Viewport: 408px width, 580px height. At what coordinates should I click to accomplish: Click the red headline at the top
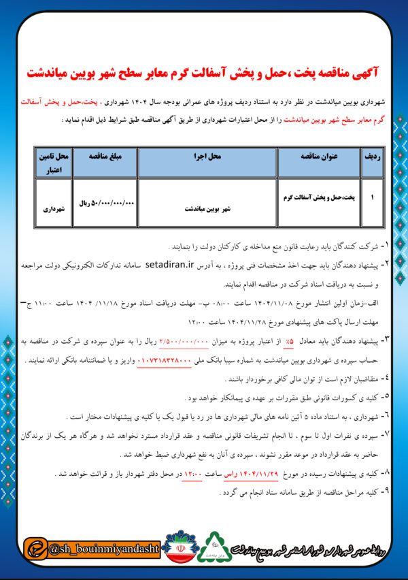204,73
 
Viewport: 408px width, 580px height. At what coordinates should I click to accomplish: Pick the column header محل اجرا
207,156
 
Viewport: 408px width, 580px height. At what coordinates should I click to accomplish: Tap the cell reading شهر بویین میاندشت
207,210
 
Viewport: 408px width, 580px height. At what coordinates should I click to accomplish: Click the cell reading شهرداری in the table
54,210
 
